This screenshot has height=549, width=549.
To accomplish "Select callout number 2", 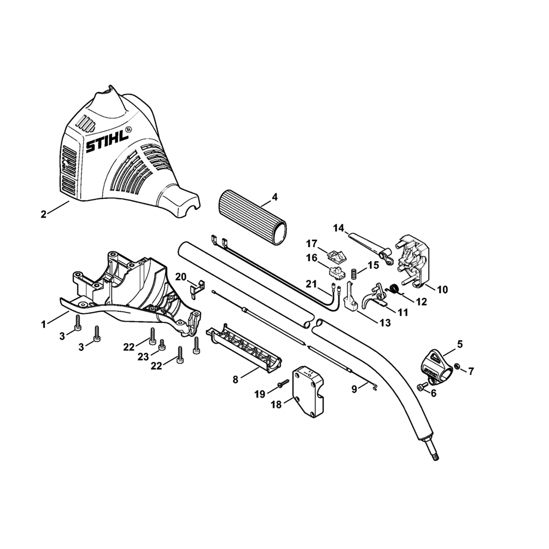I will click(x=44, y=214).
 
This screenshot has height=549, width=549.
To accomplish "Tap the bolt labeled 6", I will click(x=422, y=387).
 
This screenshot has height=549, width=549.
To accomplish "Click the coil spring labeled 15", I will click(x=355, y=271).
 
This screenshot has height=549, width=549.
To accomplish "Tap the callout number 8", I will click(x=235, y=379).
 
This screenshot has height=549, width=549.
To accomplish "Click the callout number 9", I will click(x=355, y=388).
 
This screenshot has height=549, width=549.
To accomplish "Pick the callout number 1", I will click(x=44, y=324).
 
